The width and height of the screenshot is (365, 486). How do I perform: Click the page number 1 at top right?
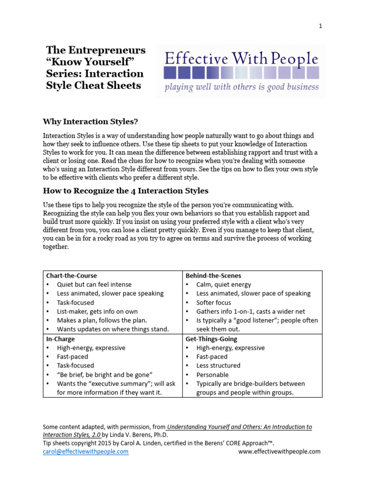[320, 26]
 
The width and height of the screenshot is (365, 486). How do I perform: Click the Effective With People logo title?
[241, 59]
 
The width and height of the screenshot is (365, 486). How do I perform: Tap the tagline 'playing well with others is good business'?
[241, 87]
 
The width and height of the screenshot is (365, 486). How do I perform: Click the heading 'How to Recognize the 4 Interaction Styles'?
[125, 191]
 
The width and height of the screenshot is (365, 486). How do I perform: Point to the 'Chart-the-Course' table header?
[71, 275]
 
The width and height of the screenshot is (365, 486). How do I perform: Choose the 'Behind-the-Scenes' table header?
[213, 275]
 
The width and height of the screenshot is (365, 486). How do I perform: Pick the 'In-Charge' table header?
[60, 339]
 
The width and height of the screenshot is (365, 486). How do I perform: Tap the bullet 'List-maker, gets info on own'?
[97, 311]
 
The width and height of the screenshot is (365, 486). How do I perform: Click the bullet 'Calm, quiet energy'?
[224, 284]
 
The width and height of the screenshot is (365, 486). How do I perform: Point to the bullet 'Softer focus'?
[214, 302]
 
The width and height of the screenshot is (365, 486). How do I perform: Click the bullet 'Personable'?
[212, 374]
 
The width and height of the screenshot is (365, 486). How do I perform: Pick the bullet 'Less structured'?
[219, 365]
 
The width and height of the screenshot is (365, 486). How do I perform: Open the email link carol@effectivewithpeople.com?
[86, 451]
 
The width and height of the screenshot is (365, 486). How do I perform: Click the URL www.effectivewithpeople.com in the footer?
[279, 451]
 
